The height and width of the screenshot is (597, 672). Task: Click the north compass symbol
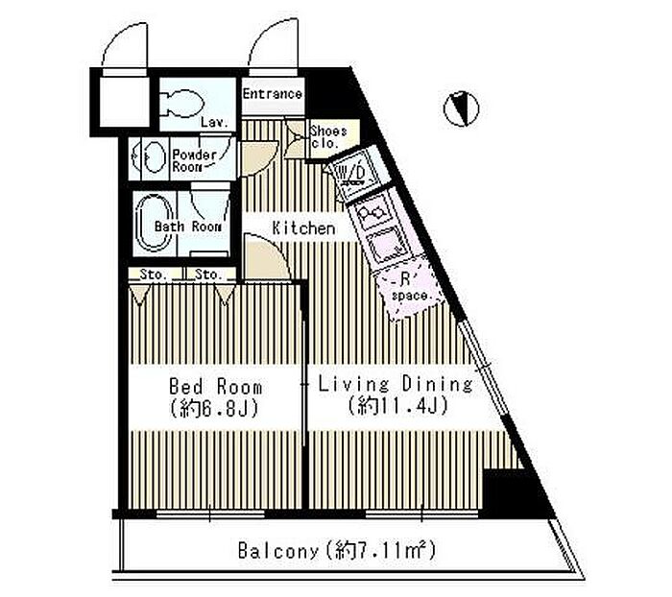tap(461, 108)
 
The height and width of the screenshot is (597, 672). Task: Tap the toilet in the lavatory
tap(181, 103)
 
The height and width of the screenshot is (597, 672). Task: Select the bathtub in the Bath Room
tap(154, 223)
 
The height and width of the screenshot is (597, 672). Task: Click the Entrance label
tap(272, 94)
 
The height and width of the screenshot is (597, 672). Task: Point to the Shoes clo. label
tap(328, 136)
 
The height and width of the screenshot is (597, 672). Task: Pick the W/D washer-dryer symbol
tap(355, 174)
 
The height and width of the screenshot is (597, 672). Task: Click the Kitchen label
tap(303, 228)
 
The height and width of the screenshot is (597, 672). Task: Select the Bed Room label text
tap(215, 387)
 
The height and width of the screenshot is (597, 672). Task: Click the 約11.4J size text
tap(398, 405)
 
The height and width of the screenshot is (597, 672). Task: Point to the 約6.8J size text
tap(215, 409)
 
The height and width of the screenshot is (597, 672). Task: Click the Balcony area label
tap(336, 550)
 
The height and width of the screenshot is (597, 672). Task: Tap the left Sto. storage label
tap(153, 275)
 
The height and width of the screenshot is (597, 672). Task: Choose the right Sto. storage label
tap(208, 275)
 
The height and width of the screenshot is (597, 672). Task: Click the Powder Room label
tap(194, 160)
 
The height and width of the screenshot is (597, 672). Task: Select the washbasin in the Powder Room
tap(152, 157)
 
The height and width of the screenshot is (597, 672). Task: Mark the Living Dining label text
tap(396, 385)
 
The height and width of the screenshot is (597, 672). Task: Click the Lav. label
tap(214, 123)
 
